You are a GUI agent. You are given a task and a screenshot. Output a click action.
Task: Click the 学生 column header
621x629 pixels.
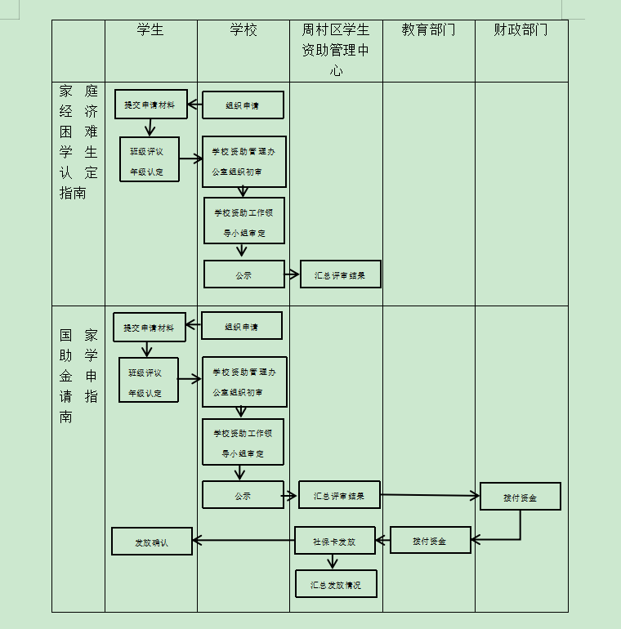tap(150, 30)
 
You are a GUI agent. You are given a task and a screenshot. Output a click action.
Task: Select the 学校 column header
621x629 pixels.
tap(243, 30)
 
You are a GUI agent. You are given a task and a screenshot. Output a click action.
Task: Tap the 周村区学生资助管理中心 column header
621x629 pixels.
tap(336, 50)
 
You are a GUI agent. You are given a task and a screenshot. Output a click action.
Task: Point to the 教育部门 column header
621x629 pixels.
tap(428, 30)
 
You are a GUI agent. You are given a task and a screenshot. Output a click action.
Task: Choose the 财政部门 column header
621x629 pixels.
tap(520, 30)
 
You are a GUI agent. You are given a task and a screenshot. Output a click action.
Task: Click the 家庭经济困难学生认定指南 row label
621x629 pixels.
tap(78, 141)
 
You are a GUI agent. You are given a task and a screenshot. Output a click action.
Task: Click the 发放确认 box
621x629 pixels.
tap(152, 542)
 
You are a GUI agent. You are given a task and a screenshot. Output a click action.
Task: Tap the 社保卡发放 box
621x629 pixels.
tap(335, 541)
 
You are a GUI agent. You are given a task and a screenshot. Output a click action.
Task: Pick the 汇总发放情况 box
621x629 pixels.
tap(336, 584)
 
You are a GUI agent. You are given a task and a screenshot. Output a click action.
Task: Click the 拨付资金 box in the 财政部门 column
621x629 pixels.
tap(520, 497)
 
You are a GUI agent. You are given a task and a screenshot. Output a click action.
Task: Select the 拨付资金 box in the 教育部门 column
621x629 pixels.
tap(430, 540)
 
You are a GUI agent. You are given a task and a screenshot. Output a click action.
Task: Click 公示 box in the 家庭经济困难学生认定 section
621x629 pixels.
tap(243, 274)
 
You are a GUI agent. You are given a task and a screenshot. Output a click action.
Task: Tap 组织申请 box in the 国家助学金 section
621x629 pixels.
tap(242, 326)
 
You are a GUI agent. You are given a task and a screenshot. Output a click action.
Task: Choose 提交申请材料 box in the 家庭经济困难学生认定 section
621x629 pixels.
tap(150, 104)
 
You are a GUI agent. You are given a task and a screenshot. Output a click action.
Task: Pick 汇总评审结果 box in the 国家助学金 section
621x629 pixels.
tap(339, 495)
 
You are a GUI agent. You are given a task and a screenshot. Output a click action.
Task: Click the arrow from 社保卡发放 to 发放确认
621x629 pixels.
tap(243, 539)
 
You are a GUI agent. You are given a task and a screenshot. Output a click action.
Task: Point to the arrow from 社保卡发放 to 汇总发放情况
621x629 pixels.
tap(332, 562)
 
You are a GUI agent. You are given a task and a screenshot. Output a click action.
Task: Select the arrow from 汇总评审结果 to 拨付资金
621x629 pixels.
tap(430, 495)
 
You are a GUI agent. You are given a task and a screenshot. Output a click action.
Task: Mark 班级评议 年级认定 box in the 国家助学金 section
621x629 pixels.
tap(148, 381)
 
